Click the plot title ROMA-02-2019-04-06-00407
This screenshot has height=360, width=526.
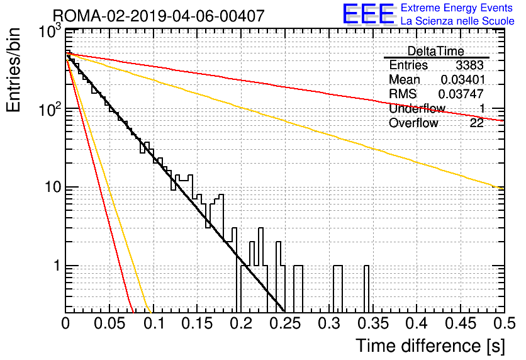159,16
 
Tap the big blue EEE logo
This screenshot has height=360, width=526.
368,14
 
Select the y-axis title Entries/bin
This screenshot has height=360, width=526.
13,70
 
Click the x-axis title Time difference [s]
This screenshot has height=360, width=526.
430,346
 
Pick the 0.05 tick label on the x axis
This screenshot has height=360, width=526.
109,323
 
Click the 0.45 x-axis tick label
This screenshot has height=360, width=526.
461,323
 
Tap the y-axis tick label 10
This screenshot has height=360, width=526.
53,187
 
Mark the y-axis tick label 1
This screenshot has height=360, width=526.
57,266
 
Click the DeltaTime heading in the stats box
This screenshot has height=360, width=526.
436,51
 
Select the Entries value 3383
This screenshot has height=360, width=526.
469,65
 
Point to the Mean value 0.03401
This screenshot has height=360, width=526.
463,79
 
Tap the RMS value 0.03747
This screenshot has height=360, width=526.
461,94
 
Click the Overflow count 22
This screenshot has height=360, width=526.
477,123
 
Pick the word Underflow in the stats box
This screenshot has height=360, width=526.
417,108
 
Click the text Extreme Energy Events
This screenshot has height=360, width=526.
457,8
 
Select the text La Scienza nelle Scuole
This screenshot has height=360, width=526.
457,21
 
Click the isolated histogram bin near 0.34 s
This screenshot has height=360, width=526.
367,289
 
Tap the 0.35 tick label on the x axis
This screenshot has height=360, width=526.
372,323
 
